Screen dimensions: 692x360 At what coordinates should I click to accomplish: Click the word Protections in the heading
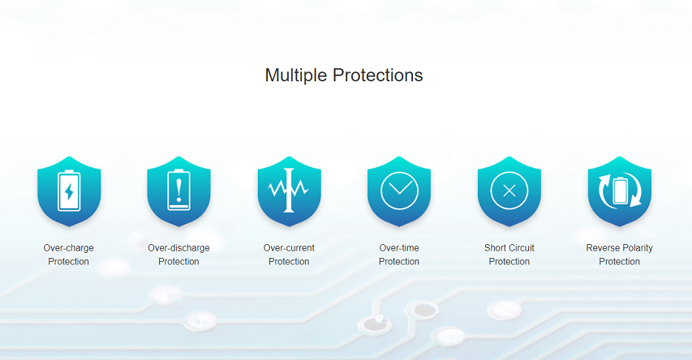[x=378, y=75]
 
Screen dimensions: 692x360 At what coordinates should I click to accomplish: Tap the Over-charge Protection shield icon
[x=69, y=191]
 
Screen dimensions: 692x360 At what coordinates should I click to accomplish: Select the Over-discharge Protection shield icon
[x=178, y=191]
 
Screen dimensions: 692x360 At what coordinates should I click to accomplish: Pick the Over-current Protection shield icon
[x=289, y=191]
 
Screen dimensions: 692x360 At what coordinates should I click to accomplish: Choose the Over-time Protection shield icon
[x=399, y=191]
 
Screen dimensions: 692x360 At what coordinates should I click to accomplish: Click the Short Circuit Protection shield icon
[x=509, y=191]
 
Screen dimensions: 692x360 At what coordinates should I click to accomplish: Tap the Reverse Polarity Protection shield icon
[x=620, y=191]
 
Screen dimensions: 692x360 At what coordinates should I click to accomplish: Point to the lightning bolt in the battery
[x=69, y=192]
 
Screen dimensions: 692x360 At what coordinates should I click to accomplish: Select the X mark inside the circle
[x=509, y=191]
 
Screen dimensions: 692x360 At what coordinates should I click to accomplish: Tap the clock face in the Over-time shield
[x=399, y=172]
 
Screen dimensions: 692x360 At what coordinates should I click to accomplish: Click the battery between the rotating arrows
[x=620, y=191]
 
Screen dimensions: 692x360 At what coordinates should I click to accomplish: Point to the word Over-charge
[x=68, y=248]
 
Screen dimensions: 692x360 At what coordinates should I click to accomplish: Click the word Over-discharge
[x=178, y=248]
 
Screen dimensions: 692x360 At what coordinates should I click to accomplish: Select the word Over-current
[x=289, y=248]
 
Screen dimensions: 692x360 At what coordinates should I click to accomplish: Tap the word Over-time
[x=399, y=248]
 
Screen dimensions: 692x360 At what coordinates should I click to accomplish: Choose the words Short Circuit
[x=509, y=248]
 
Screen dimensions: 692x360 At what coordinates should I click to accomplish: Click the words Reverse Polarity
[x=619, y=248]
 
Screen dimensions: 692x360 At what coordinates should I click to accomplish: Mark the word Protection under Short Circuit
[x=509, y=262]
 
